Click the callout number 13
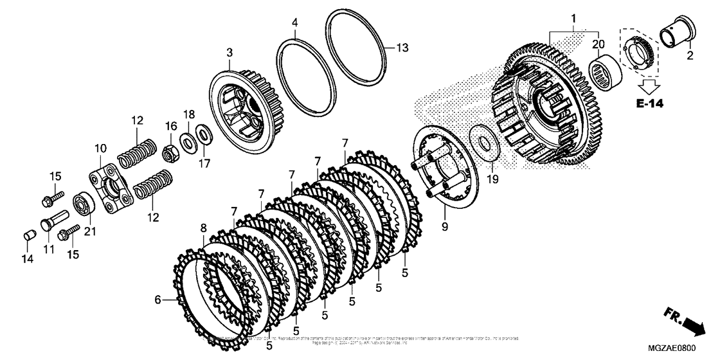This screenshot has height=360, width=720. point(401,48)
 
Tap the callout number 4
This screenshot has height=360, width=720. point(294,22)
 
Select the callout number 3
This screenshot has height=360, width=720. point(229,51)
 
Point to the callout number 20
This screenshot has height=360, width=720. point(599,45)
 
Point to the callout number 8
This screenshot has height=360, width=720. point(204,228)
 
